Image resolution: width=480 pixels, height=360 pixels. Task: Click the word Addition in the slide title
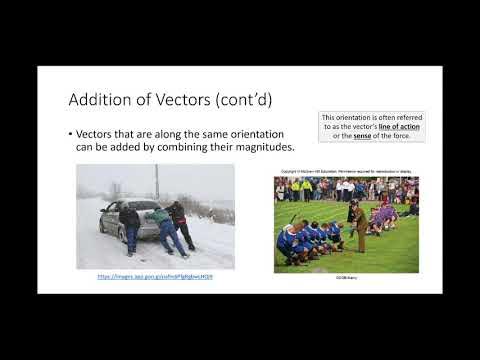(x=97, y=101)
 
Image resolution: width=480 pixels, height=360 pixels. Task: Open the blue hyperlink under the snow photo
(x=154, y=276)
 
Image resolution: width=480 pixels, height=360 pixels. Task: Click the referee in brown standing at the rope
(x=353, y=222)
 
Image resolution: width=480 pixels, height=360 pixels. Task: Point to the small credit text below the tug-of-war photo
(x=346, y=278)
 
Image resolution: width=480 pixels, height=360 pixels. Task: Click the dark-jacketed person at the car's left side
(x=130, y=226)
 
